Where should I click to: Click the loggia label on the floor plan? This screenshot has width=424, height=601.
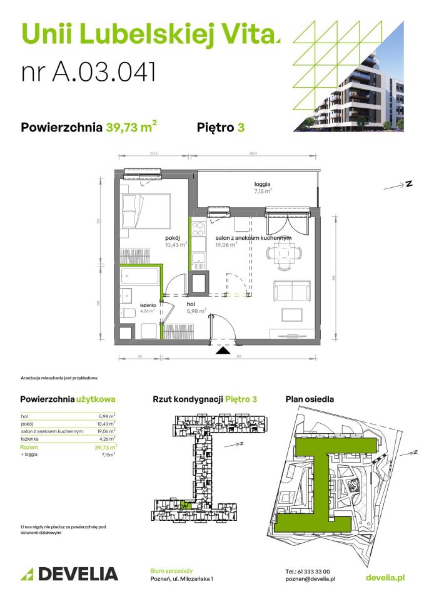263,184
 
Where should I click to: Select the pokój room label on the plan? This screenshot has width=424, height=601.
173,239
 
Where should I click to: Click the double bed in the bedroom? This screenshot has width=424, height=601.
144,210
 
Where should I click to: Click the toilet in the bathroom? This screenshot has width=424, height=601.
128,314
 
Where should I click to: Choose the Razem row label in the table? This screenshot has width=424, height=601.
28,448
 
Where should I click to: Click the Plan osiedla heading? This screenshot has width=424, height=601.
310,399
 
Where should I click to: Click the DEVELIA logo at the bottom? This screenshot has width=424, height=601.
69,573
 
